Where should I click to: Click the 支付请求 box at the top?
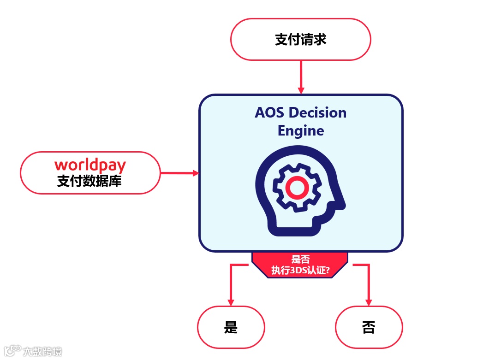coord(300,40)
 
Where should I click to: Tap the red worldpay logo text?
coord(90,165)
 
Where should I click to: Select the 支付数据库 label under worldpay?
coord(89,181)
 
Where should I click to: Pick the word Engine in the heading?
coord(301,131)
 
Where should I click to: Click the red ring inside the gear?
coord(295,187)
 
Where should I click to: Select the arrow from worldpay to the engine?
coord(179,173)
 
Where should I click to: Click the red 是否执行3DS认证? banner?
coord(300,265)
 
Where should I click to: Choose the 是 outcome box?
coord(231,327)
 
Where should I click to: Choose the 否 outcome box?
coord(369,327)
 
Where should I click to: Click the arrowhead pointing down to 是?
coord(231,302)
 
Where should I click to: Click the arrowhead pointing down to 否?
coord(369,302)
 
